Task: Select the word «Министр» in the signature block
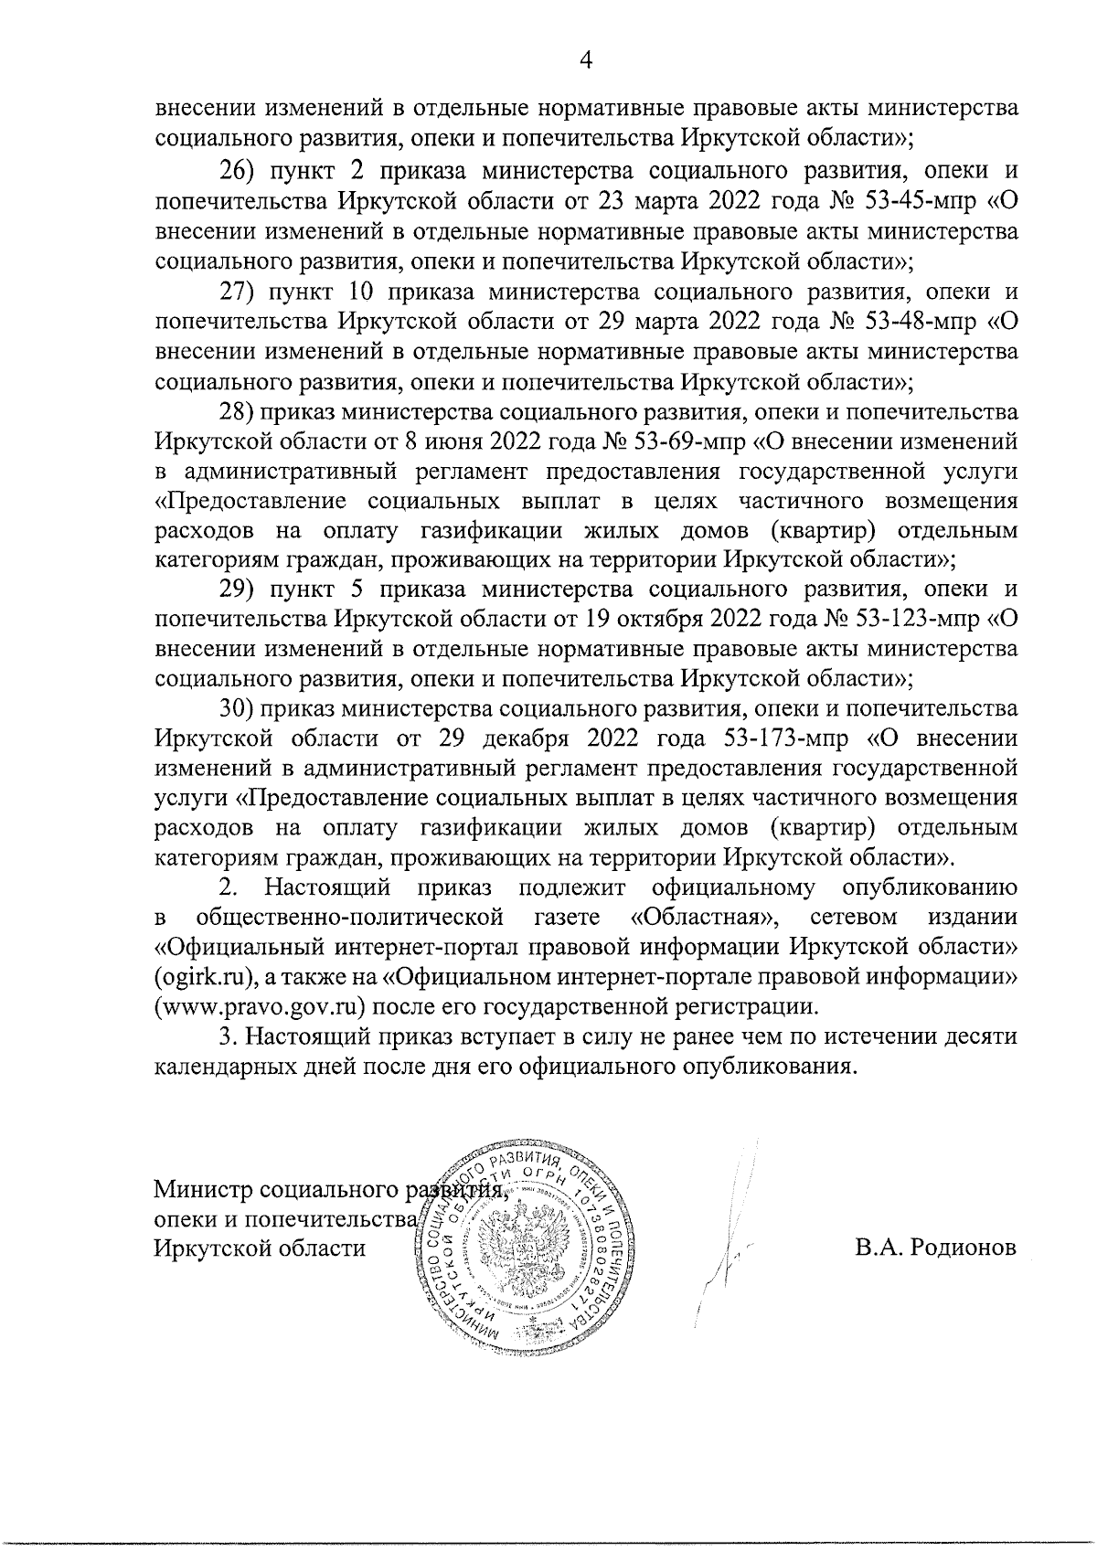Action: click(203, 1191)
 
